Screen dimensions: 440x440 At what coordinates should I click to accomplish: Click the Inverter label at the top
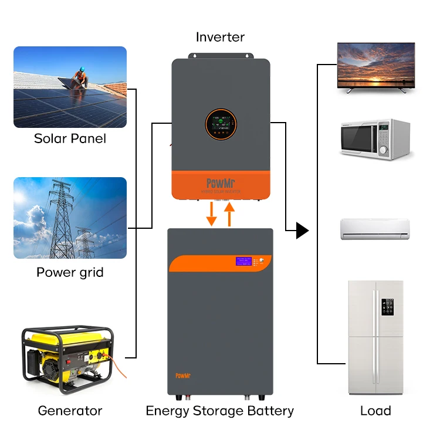click(x=220, y=37)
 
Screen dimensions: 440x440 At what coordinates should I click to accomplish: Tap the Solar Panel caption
click(x=70, y=138)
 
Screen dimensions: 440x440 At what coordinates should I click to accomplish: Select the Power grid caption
click(x=70, y=272)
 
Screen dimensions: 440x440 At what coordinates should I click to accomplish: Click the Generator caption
click(x=70, y=411)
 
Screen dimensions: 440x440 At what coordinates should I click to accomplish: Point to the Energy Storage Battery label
click(x=220, y=411)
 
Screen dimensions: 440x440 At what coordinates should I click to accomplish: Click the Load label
click(x=375, y=411)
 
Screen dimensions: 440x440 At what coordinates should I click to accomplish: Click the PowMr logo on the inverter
click(x=220, y=182)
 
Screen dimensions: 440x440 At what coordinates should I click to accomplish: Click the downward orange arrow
click(x=212, y=214)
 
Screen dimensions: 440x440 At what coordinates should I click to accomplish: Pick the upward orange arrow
click(x=230, y=214)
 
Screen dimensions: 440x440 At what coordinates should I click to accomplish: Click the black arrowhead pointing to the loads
click(x=302, y=231)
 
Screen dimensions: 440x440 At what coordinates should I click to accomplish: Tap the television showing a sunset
click(x=376, y=66)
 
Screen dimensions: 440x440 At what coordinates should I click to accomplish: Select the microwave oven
click(x=375, y=138)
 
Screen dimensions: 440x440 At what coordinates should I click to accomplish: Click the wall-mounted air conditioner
click(x=375, y=228)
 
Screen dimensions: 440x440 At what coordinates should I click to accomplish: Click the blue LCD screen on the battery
click(x=243, y=261)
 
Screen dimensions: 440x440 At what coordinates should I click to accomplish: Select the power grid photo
click(x=70, y=218)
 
